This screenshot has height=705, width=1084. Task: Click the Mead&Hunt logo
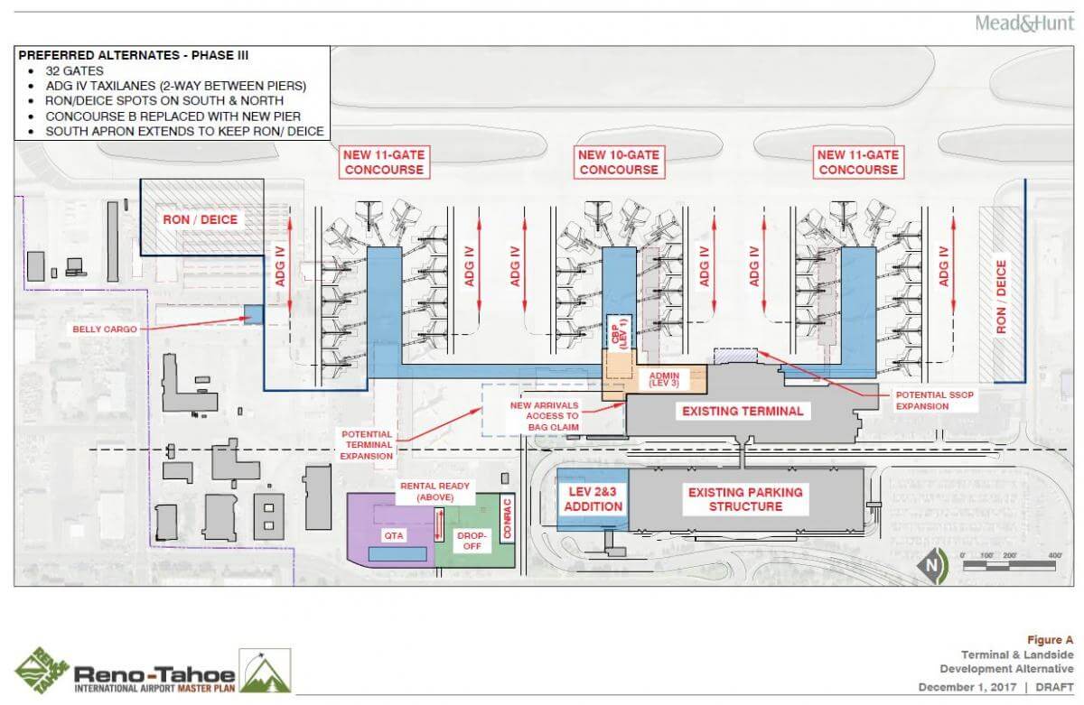(1023, 23)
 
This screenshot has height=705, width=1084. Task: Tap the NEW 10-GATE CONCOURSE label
(619, 162)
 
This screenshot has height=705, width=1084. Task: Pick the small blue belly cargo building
(253, 314)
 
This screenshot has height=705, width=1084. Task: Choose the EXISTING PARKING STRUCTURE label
(745, 499)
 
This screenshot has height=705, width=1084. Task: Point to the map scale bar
(1010, 566)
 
